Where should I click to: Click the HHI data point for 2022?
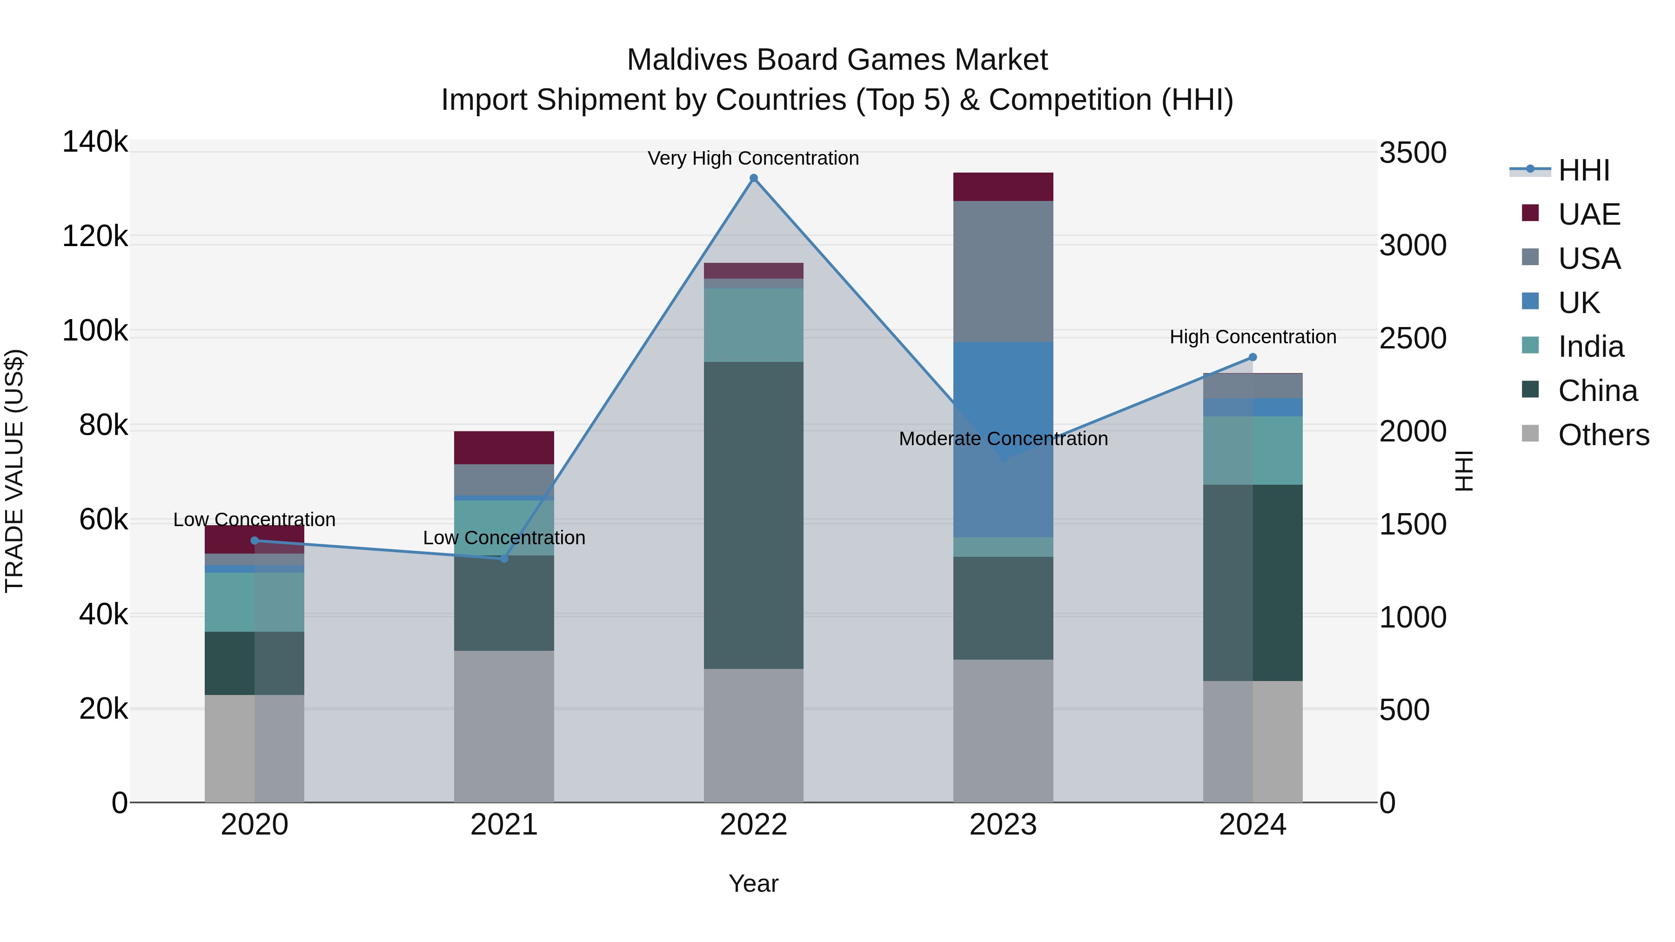pyautogui.click(x=754, y=178)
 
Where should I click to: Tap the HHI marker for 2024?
pyautogui.click(x=1253, y=357)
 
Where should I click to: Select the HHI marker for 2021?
pyautogui.click(x=504, y=558)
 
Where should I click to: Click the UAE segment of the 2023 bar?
pyautogui.click(x=1003, y=187)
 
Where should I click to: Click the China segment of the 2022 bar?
pyautogui.click(x=754, y=515)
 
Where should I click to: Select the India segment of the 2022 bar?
pyautogui.click(x=754, y=325)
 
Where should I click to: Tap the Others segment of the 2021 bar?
pyautogui.click(x=504, y=726)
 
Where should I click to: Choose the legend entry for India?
pyautogui.click(x=1590, y=347)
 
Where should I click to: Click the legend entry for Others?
pyautogui.click(x=1603, y=435)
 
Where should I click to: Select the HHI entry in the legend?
pyautogui.click(x=1584, y=170)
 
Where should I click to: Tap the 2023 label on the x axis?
pyautogui.click(x=1003, y=825)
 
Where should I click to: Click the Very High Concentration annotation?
pyautogui.click(x=754, y=158)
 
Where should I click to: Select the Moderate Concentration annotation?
pyautogui.click(x=1003, y=439)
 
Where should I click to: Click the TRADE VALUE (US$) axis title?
pyautogui.click(x=14, y=471)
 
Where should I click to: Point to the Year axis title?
pyautogui.click(x=754, y=883)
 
